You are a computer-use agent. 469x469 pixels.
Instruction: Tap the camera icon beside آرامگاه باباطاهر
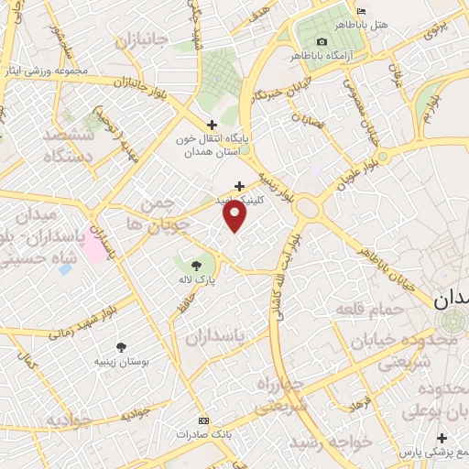[x=322, y=42]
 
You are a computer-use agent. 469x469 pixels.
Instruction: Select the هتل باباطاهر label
[x=388, y=24]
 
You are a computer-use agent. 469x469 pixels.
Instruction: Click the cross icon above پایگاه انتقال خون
[x=212, y=124]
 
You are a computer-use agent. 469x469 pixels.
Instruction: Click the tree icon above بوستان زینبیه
[x=121, y=346]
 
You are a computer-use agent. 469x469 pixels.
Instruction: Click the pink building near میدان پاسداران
[x=93, y=249]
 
